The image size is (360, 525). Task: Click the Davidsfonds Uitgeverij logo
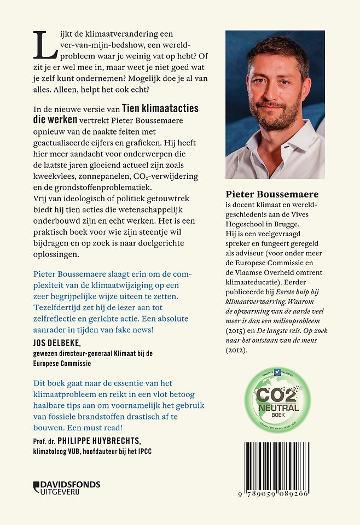coord(67,487)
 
